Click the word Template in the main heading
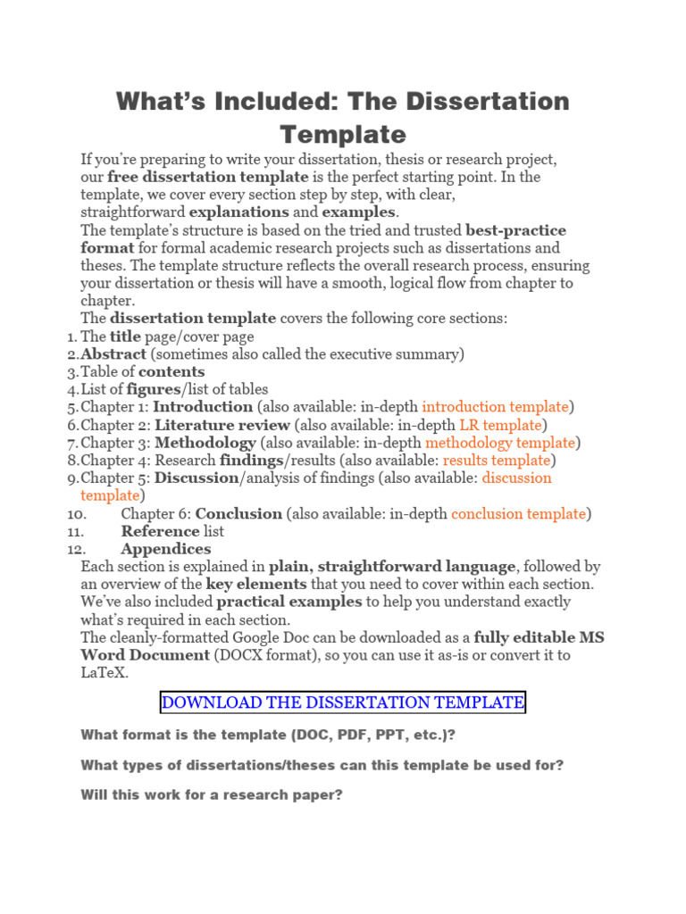[343, 135]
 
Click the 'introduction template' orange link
[495, 407]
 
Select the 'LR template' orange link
[500, 425]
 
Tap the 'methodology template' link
[500, 443]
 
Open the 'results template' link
[497, 461]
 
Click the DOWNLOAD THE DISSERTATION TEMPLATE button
[343, 702]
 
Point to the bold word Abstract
[113, 354]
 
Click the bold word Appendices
[166, 549]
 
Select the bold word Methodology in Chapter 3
[205, 443]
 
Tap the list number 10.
[76, 514]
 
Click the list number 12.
[76, 549]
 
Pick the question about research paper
[212, 794]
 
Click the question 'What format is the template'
[261, 735]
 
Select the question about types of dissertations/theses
[322, 765]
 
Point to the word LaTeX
[105, 672]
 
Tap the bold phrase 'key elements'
[256, 584]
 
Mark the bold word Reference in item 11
[160, 531]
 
